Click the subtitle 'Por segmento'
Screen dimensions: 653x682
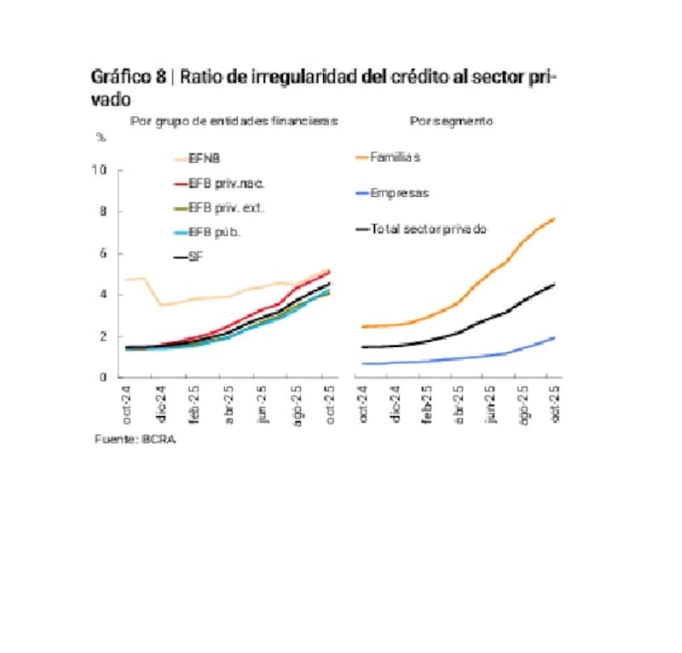pos(451,122)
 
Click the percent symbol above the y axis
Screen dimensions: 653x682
pos(100,137)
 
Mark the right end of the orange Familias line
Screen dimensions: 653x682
pos(555,218)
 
